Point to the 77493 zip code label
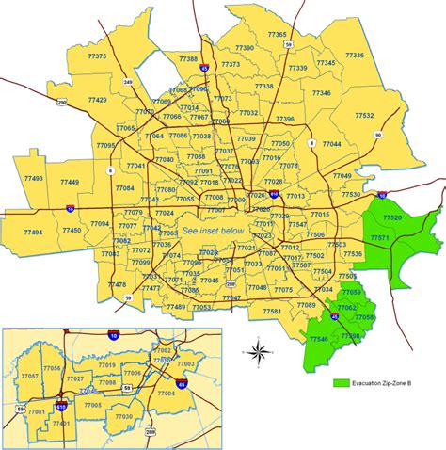click(34, 178)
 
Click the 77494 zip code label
click(34, 232)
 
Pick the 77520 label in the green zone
click(392, 218)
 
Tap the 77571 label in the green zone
click(380, 238)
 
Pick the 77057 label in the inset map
click(30, 376)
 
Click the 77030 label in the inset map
click(122, 416)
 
